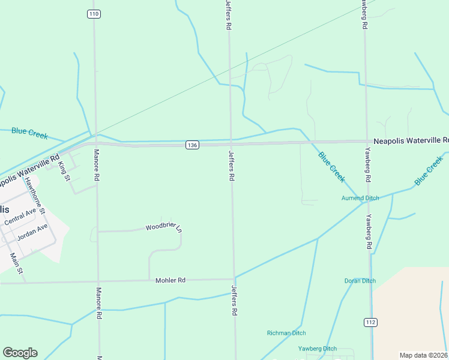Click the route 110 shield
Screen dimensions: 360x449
coord(93,14)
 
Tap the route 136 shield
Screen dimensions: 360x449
coord(191,145)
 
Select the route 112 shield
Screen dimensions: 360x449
coord(370,323)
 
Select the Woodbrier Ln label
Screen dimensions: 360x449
coord(163,227)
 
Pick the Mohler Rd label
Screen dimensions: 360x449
coord(170,280)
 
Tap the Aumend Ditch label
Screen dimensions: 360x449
coord(360,198)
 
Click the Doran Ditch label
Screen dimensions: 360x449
coord(360,281)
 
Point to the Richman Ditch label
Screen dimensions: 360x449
coord(286,333)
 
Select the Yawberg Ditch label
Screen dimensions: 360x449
coord(318,349)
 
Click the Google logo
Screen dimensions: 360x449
coord(20,353)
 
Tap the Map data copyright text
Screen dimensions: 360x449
coord(424,355)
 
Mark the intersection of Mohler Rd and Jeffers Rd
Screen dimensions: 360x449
coord(234,279)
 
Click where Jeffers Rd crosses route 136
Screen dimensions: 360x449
coord(231,143)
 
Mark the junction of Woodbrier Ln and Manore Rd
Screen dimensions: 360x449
coord(97,231)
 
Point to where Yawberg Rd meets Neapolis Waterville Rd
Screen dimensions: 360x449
coord(367,142)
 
